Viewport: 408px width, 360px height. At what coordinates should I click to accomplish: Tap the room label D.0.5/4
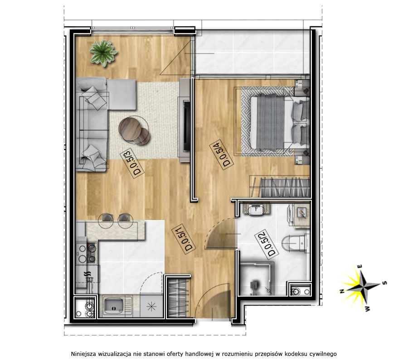[x=222, y=155]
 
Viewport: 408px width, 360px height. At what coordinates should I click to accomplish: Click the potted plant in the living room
[x=103, y=53]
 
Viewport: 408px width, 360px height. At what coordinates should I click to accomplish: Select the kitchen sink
[x=113, y=306]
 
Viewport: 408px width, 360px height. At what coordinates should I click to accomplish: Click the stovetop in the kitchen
[x=87, y=253]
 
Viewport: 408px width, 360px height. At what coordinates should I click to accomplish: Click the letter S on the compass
[x=384, y=283]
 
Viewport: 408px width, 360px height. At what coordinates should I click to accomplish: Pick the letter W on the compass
[x=367, y=308]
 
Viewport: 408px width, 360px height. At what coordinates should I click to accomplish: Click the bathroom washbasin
[x=256, y=209]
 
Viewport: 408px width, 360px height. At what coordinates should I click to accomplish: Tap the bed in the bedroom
[x=280, y=122]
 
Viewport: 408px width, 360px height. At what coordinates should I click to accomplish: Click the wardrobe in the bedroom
[x=280, y=186]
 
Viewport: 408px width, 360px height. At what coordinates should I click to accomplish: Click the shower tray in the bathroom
[x=256, y=278]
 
